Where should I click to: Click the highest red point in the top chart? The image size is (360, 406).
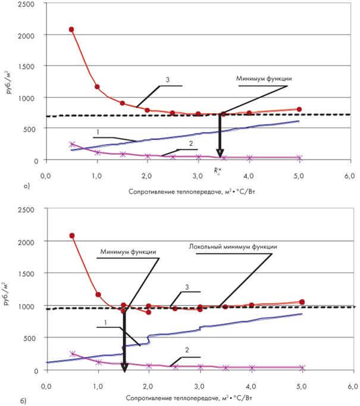pyautogui.click(x=71, y=29)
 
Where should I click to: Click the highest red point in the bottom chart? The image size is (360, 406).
pyautogui.click(x=71, y=236)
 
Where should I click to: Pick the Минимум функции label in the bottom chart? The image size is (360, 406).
pyautogui.click(x=128, y=251)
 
